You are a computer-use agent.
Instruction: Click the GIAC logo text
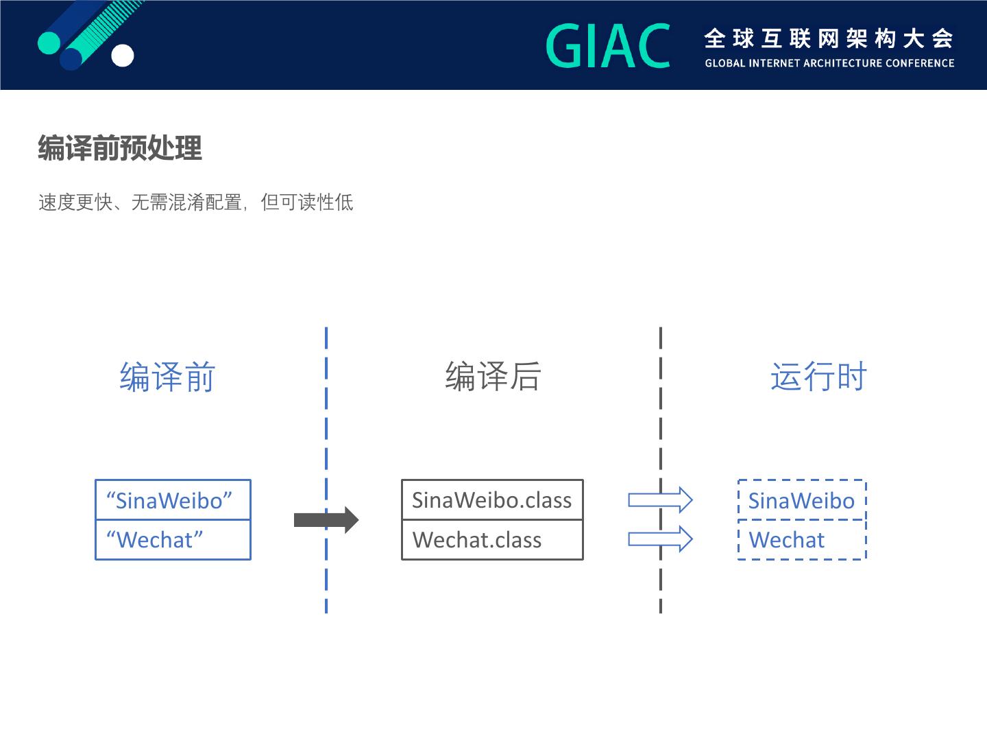click(608, 47)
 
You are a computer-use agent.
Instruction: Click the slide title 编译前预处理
click(120, 148)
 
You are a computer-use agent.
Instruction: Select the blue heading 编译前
click(168, 377)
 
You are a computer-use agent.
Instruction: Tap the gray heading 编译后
click(493, 377)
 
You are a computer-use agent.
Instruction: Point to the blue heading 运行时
click(818, 377)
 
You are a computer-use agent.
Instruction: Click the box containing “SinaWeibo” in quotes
click(173, 500)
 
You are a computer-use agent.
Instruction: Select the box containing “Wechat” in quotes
click(173, 540)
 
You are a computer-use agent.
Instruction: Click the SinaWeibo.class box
click(492, 500)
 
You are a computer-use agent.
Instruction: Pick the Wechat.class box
click(492, 540)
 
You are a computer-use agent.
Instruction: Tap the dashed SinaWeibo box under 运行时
click(802, 500)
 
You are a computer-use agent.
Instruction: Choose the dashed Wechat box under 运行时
click(802, 540)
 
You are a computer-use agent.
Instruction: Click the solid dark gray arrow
click(326, 519)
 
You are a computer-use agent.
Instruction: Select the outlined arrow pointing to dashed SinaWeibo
click(660, 500)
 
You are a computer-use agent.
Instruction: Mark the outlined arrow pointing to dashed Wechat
click(660, 539)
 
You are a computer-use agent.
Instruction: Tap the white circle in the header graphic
click(123, 56)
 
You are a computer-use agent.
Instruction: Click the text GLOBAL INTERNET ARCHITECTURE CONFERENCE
click(829, 63)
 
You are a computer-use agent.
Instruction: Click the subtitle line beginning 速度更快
click(196, 202)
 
